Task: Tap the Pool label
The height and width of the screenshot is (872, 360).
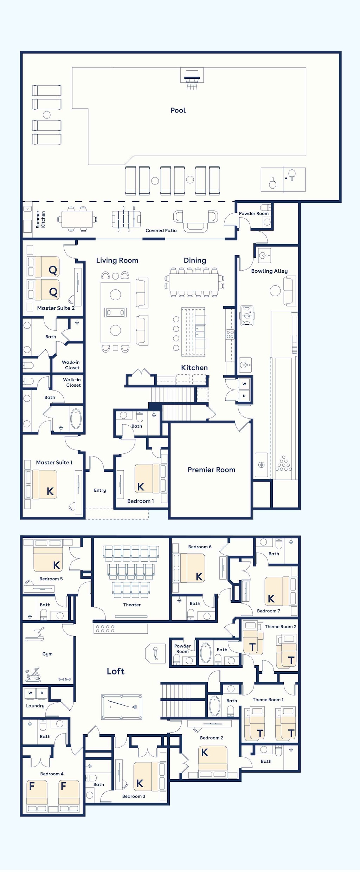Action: click(178, 110)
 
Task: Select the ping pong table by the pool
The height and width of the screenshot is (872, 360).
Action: click(283, 179)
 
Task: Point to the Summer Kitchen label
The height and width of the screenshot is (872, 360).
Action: click(40, 219)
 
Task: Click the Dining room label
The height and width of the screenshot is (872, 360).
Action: click(195, 260)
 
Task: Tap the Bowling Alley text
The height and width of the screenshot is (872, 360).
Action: click(269, 271)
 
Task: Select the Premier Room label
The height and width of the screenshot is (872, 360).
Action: click(211, 470)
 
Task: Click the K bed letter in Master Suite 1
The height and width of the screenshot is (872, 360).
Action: click(50, 491)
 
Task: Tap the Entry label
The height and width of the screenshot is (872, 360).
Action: click(100, 490)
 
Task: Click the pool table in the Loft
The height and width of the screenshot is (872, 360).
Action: click(122, 707)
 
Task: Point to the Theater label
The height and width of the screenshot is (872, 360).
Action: click(132, 605)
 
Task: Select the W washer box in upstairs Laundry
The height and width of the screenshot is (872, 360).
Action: click(30, 693)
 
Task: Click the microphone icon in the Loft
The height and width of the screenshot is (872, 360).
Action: click(155, 653)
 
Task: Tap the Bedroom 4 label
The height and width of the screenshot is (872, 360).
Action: click(52, 774)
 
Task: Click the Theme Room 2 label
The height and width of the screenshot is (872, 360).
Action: click(281, 627)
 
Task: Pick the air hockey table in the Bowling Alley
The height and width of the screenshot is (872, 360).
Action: click(247, 316)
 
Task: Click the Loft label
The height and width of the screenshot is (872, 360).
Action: click(116, 671)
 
